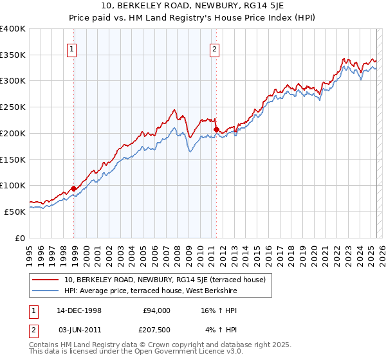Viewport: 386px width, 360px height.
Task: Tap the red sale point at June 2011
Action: tap(216, 129)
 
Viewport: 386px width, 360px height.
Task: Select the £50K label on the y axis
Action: tap(15, 211)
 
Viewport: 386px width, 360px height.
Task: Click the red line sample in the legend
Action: tap(46, 280)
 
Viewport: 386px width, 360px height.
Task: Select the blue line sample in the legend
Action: tap(46, 291)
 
